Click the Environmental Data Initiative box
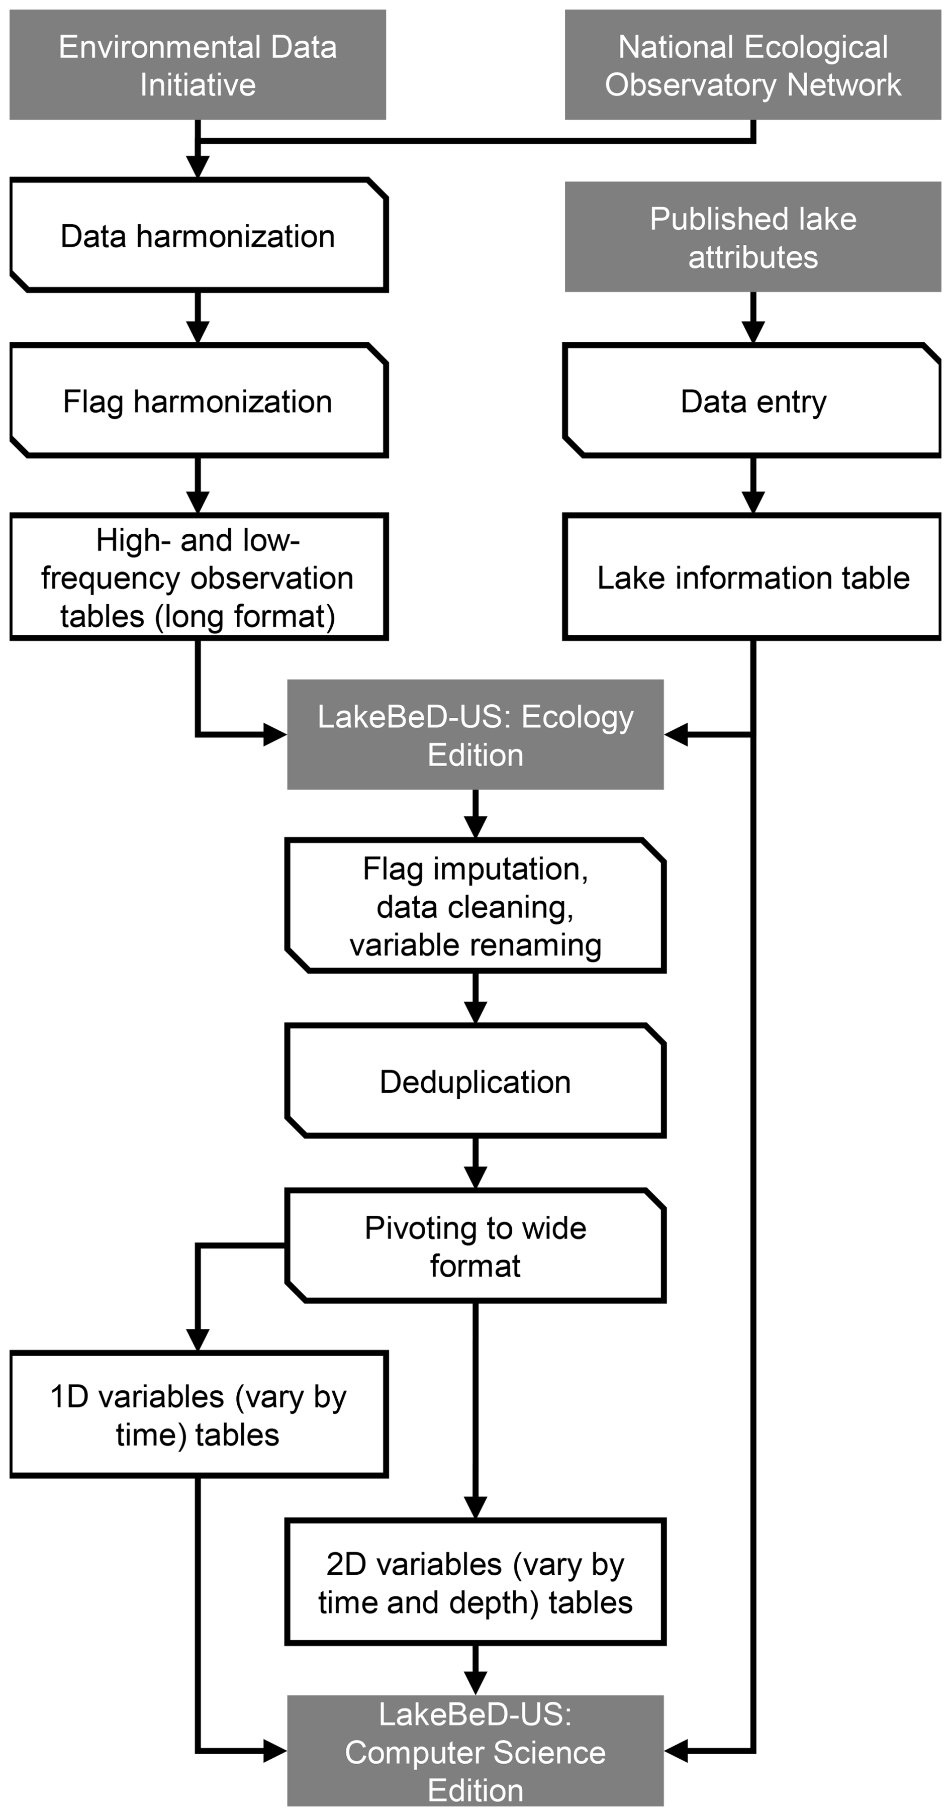198,65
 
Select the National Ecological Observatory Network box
753,65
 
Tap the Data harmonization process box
198,235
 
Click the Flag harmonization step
198,401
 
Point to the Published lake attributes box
753,237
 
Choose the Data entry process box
753,401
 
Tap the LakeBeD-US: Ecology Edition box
475,734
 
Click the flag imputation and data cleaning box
475,906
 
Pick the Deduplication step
475,1082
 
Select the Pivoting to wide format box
475,1247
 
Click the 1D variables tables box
198,1415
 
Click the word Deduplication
475,1082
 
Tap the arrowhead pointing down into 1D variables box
198,1340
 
